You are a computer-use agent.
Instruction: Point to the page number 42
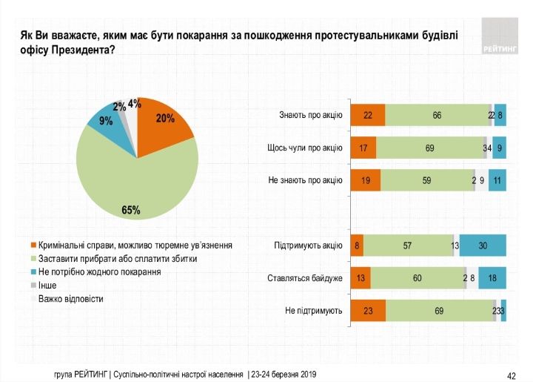click(x=510, y=375)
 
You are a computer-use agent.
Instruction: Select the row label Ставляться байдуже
click(x=304, y=279)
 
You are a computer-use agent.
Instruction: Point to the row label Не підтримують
click(x=314, y=311)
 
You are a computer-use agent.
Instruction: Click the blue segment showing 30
click(x=483, y=246)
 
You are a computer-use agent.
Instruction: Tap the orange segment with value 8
click(x=358, y=246)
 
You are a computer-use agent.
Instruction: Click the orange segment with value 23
click(x=368, y=311)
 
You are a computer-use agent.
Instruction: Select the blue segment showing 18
click(x=492, y=279)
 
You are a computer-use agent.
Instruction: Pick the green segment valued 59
click(x=426, y=180)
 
